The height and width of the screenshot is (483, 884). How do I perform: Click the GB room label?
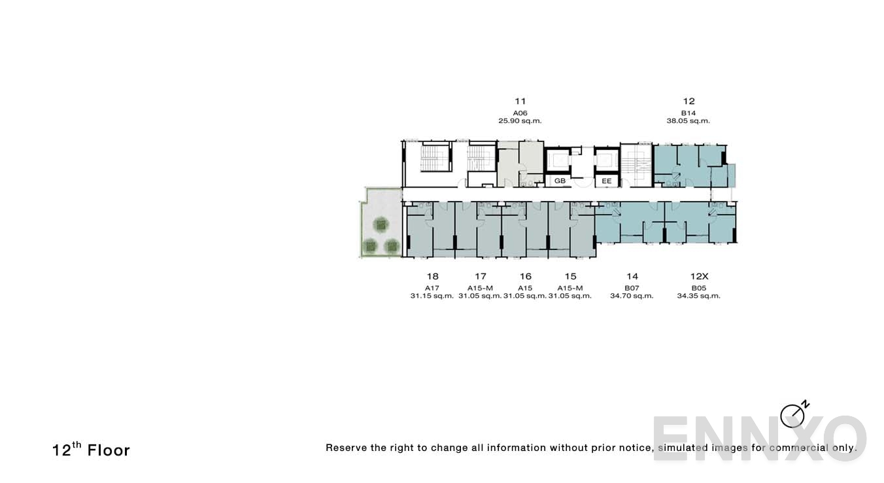coord(560,181)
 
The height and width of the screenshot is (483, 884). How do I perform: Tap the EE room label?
coord(607,181)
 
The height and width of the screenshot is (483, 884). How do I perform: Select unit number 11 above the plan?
coord(520,101)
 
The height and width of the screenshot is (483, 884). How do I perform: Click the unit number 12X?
coord(699,276)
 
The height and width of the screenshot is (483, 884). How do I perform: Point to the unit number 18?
coord(432,276)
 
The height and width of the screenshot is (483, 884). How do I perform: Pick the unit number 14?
coord(632,276)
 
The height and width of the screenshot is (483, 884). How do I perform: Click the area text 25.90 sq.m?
coord(520,121)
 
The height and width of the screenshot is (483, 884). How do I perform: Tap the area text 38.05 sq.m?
coord(688,121)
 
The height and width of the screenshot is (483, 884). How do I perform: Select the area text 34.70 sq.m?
coord(632,296)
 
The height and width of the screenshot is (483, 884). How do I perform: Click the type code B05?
coord(699,287)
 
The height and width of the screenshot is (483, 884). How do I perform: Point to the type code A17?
coord(432,287)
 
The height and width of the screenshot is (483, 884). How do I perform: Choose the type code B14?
coord(688,113)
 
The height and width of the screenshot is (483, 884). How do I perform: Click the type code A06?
coord(520,113)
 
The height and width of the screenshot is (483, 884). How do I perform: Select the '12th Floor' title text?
coord(91,450)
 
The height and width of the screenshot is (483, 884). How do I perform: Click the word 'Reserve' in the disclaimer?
coord(346,448)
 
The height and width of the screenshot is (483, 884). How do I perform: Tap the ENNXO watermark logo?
coord(758,438)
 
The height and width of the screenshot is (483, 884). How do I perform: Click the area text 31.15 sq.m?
coord(432,296)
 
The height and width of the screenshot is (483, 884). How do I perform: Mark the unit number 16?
coord(525,276)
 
